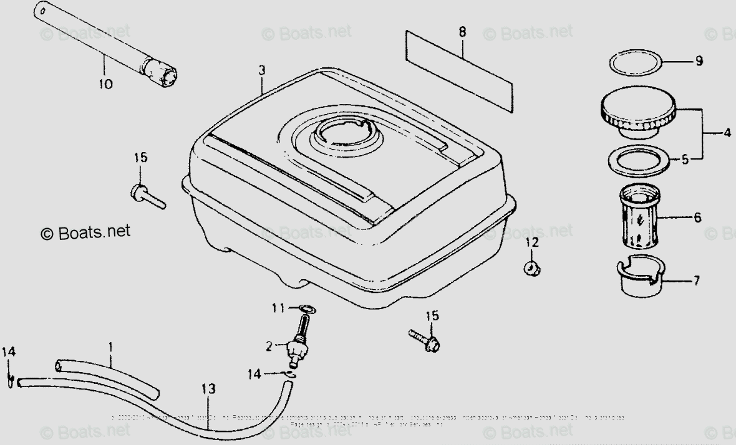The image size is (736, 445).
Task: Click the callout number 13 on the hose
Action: (x=208, y=389)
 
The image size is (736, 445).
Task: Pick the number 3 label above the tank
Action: (x=261, y=71)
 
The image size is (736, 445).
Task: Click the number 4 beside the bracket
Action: (x=727, y=132)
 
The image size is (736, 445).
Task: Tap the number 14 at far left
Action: (x=8, y=352)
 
